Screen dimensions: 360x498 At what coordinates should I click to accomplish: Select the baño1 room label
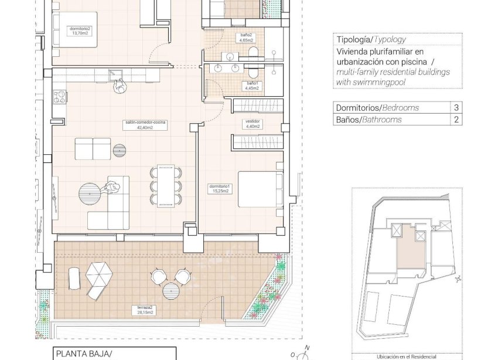coord(252,86)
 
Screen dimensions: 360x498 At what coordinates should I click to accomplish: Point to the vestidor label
coord(252,124)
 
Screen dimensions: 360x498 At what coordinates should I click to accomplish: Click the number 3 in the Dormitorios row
coord(456,108)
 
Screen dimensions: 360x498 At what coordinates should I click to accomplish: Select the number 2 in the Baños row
coord(456,120)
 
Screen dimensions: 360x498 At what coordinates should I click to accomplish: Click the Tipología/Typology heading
coord(371,40)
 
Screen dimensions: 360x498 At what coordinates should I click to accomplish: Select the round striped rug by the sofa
coord(92,191)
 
